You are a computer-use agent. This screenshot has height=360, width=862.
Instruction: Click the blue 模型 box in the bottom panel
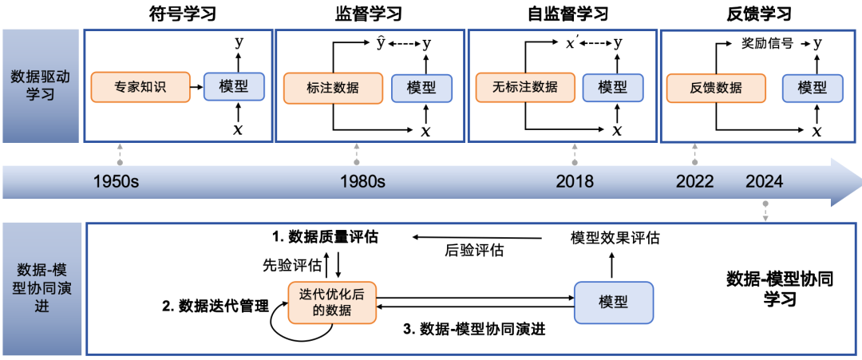coord(612,302)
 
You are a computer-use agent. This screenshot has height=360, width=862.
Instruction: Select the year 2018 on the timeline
coord(575,181)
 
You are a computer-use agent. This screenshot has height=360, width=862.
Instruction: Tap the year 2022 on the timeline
coord(694,181)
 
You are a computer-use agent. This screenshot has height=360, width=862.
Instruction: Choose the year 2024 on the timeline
coord(765,181)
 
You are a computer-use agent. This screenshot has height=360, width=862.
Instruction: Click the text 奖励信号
coord(763,44)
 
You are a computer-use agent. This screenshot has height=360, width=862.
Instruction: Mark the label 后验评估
coord(474,251)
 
